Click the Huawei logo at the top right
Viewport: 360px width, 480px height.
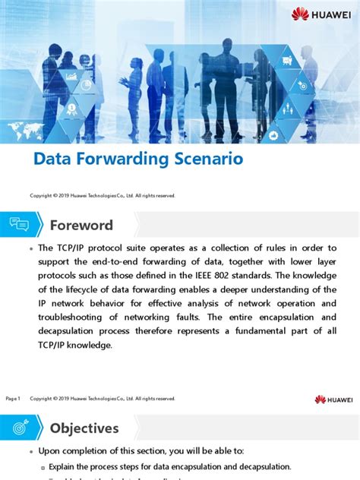(x=320, y=14)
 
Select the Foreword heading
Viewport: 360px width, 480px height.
(x=81, y=226)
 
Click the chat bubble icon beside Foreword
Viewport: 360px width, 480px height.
(x=19, y=225)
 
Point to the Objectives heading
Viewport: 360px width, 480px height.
(x=84, y=428)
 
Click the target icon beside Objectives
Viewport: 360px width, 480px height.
(x=19, y=427)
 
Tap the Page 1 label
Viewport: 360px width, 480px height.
(x=13, y=399)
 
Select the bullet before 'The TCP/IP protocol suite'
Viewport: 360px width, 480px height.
(x=30, y=249)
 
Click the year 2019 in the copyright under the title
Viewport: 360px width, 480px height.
(x=64, y=196)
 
